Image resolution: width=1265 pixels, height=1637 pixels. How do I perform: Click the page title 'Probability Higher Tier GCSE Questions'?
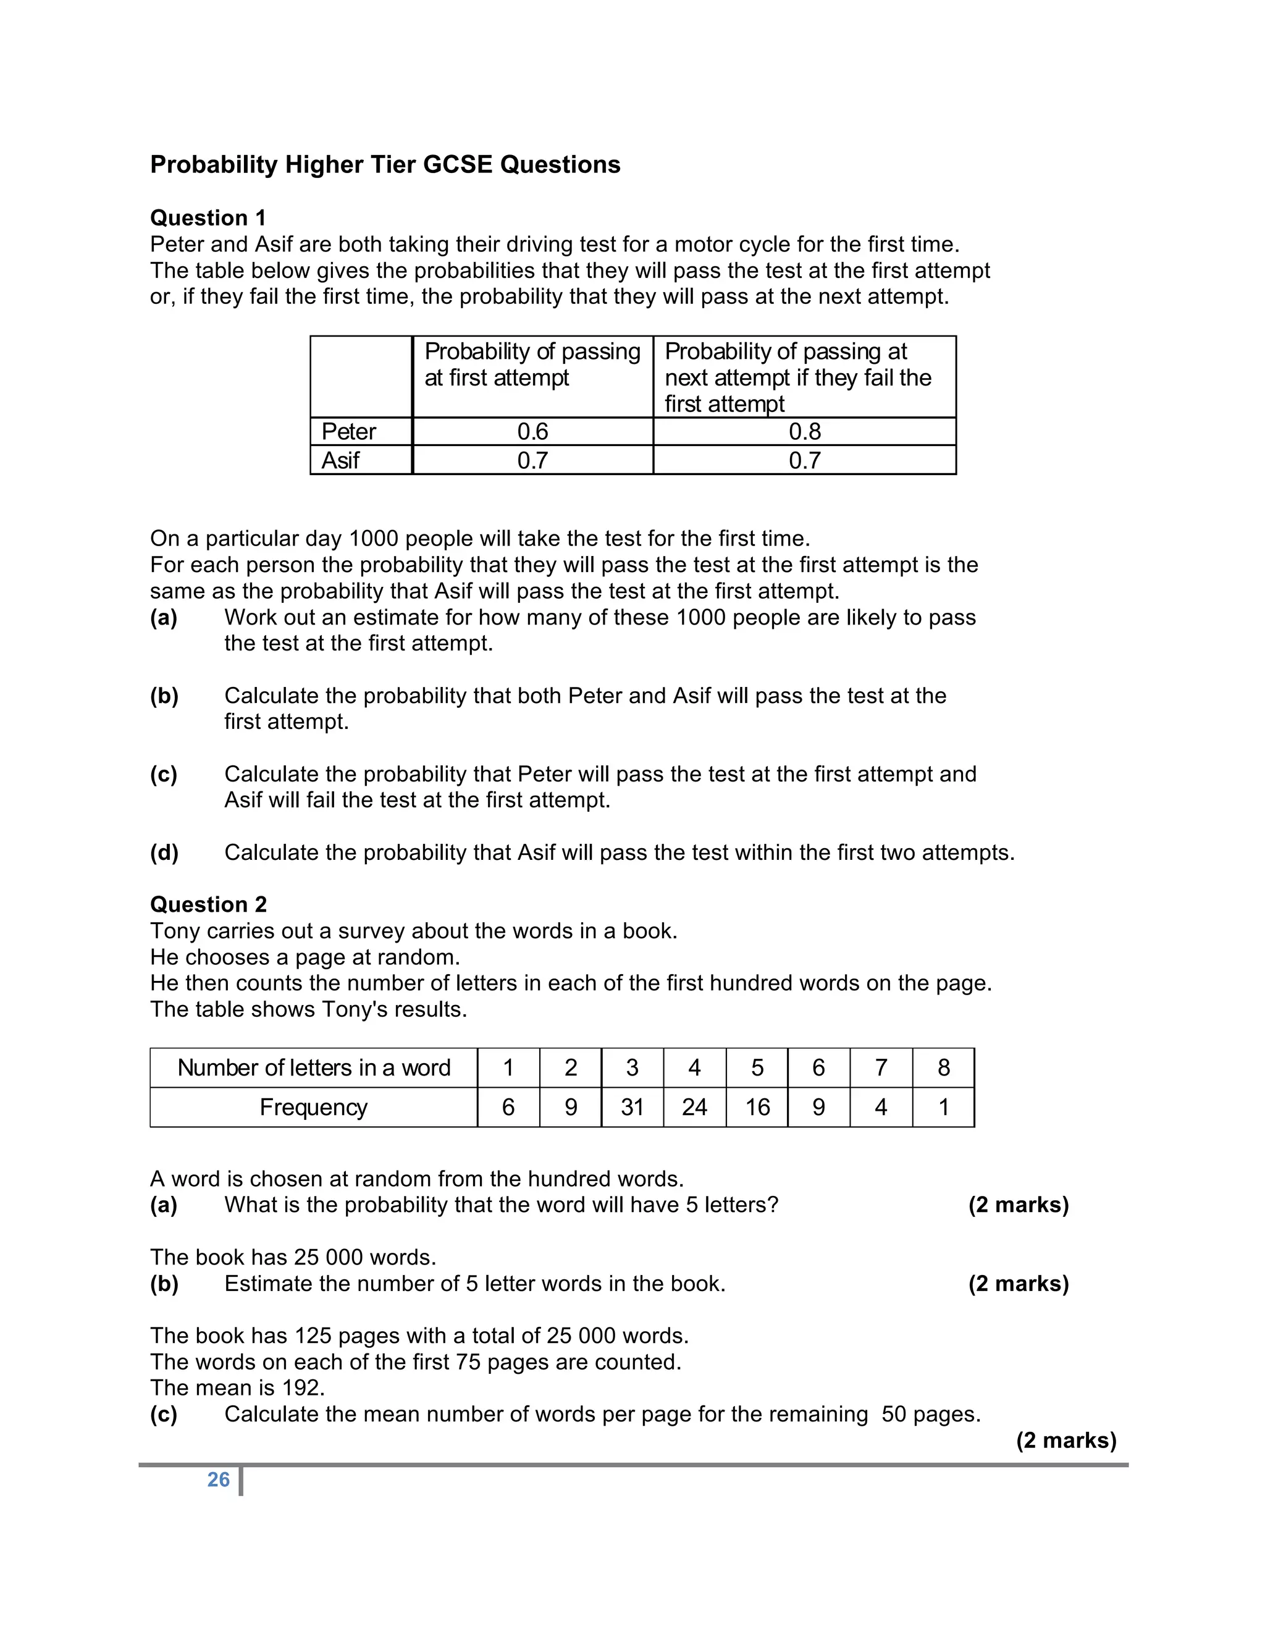pyautogui.click(x=385, y=165)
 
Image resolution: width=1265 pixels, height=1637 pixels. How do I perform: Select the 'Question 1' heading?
pyautogui.click(x=208, y=218)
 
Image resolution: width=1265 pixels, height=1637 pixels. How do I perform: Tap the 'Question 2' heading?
pyautogui.click(x=208, y=905)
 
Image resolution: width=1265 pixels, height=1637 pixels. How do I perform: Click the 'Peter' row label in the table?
pyautogui.click(x=348, y=432)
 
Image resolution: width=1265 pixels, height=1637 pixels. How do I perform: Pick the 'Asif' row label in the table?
pyautogui.click(x=340, y=460)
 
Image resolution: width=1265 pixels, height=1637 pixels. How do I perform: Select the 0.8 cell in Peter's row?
pyautogui.click(x=804, y=432)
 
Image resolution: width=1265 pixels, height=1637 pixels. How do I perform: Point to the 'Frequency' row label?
pyautogui.click(x=313, y=1107)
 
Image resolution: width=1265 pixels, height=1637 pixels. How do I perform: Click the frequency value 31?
pyautogui.click(x=632, y=1107)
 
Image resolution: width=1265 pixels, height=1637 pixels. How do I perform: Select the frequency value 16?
pyautogui.click(x=757, y=1107)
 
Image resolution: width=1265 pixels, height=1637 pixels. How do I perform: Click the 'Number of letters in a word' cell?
pyautogui.click(x=313, y=1067)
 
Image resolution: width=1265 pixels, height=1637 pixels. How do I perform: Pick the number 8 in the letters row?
pyautogui.click(x=944, y=1067)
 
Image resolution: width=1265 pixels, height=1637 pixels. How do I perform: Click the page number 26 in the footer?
pyautogui.click(x=218, y=1479)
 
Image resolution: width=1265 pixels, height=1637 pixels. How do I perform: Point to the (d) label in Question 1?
pyautogui.click(x=164, y=853)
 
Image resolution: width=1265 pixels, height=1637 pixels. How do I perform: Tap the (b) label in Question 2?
pyautogui.click(x=164, y=1284)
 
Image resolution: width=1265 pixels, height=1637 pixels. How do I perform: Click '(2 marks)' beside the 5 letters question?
pyautogui.click(x=1018, y=1205)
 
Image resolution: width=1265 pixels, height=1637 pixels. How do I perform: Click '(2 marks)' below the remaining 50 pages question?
pyautogui.click(x=1065, y=1441)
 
